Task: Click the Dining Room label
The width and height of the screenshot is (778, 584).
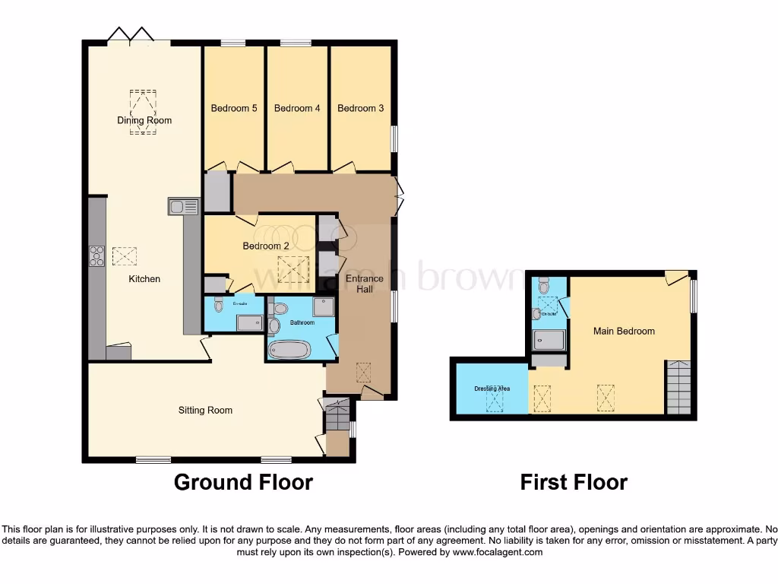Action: (x=144, y=120)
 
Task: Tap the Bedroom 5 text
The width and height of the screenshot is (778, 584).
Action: (x=234, y=108)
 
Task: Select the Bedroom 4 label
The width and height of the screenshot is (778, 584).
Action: (x=297, y=108)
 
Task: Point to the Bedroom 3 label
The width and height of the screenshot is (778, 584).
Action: (x=360, y=108)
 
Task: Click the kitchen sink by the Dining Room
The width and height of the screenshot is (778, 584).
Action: (x=183, y=206)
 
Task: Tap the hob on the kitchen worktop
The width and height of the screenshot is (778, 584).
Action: (x=97, y=257)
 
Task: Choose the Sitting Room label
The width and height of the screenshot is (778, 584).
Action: (x=205, y=411)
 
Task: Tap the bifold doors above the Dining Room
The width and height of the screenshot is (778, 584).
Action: (x=131, y=34)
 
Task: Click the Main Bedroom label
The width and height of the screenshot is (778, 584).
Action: (x=624, y=331)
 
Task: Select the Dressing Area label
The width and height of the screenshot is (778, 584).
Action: (x=492, y=389)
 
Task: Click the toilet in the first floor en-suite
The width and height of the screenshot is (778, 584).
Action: (x=542, y=287)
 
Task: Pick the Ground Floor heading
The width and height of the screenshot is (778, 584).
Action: (x=243, y=482)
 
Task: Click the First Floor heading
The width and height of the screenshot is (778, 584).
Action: (x=574, y=482)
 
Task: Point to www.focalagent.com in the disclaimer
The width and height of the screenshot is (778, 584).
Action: (x=497, y=552)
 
